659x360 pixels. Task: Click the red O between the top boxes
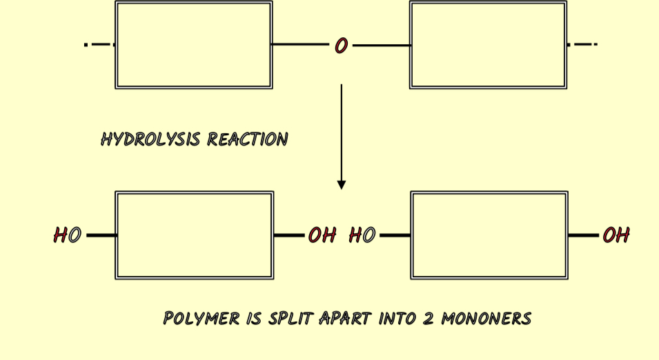(341, 46)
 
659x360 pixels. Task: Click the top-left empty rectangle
(194, 45)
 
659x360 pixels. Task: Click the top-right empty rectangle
(488, 45)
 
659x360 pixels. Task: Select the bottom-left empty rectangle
(194, 235)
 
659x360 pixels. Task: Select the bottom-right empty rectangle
(489, 235)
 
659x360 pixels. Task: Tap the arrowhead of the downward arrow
(341, 185)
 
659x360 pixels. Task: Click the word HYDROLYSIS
(151, 139)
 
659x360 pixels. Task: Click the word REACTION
(248, 139)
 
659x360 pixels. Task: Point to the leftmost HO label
(67, 235)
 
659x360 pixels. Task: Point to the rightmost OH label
(616, 235)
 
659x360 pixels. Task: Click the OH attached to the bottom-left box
(322, 235)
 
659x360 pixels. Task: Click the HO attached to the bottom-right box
(362, 235)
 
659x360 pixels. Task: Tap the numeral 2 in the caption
(428, 319)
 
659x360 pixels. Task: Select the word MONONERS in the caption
(486, 319)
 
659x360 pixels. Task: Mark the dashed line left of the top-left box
(99, 45)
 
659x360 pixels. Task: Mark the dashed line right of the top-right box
(582, 45)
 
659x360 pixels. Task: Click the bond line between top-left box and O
(300, 45)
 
